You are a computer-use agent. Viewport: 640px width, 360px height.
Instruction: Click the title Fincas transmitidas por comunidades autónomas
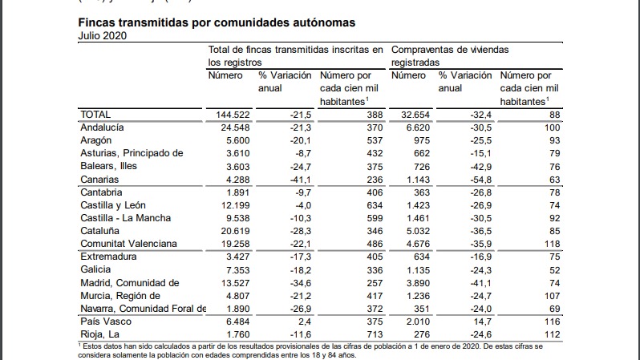click(x=217, y=22)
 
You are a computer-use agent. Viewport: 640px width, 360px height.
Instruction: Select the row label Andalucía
click(x=103, y=127)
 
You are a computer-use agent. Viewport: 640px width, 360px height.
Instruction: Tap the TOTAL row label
click(x=95, y=115)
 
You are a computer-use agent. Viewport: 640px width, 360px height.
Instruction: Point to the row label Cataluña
click(x=100, y=230)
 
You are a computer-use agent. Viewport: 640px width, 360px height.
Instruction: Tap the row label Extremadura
click(x=108, y=257)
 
